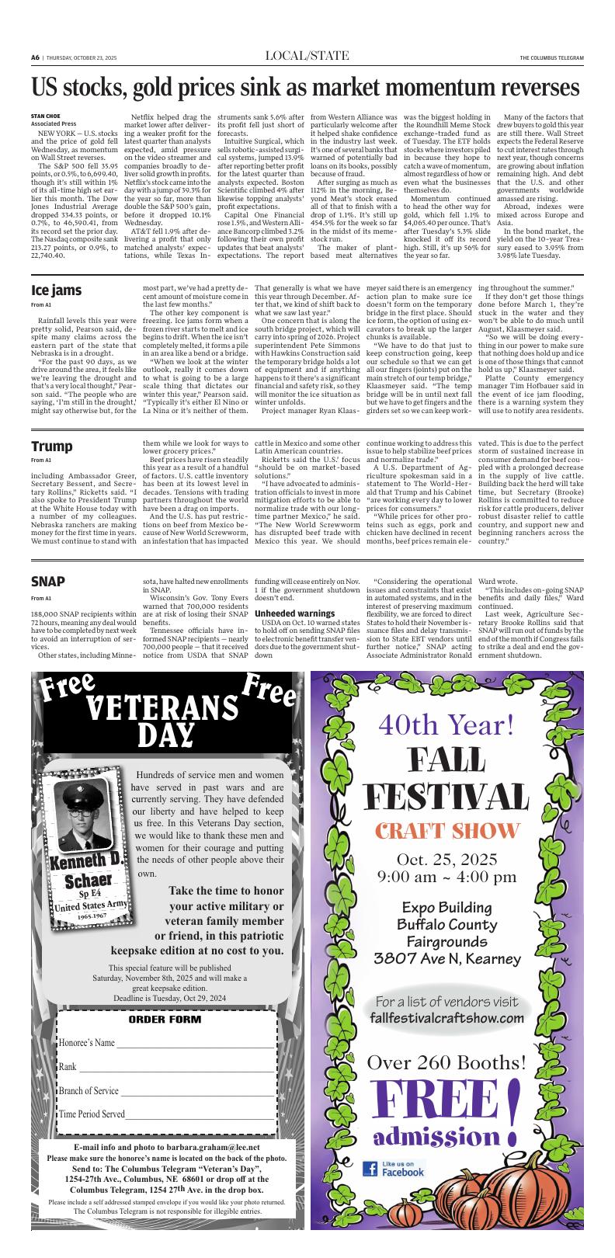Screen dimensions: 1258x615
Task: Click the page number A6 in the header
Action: pos(36,57)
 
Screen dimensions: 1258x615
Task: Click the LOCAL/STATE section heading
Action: pos(307,55)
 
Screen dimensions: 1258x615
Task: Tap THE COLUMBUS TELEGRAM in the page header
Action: pos(551,57)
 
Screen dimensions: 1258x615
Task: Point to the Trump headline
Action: pos(52,446)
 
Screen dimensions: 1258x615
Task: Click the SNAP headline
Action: pos(48,582)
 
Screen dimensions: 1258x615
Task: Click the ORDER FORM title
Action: pos(164,1019)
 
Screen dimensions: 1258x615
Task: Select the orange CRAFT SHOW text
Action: pos(446,830)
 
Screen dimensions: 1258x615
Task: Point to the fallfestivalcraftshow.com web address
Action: pos(446,1017)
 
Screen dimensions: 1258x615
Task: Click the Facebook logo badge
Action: pos(394,1169)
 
